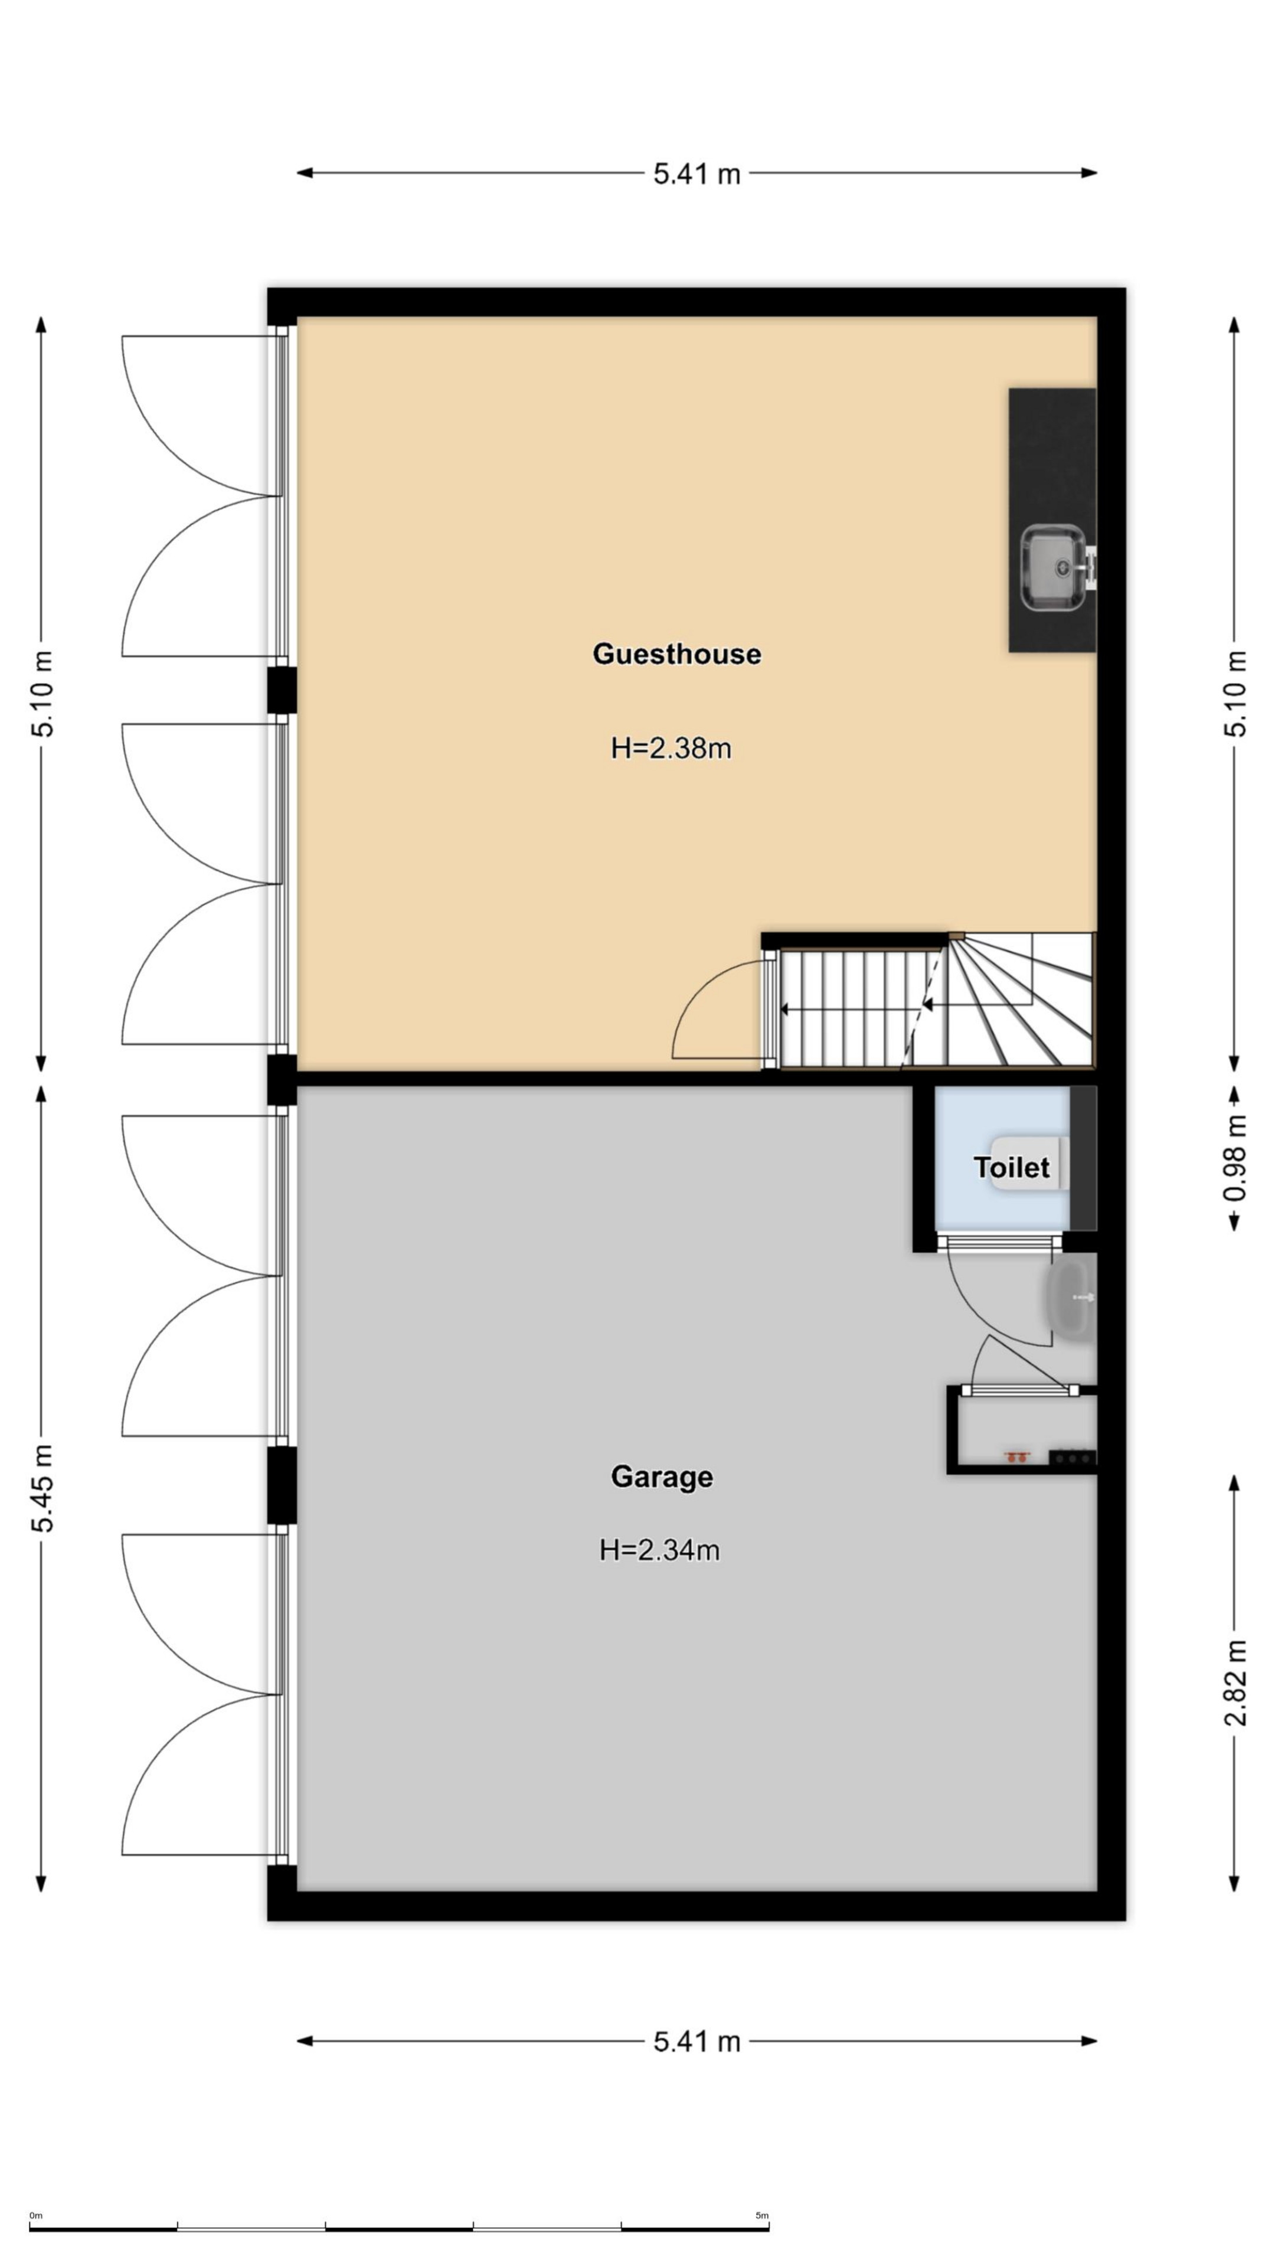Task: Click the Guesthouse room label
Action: click(x=676, y=654)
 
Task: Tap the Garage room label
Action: click(x=662, y=1477)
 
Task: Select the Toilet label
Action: click(x=1011, y=1167)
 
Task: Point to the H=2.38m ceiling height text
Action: click(x=671, y=748)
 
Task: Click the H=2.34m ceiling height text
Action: click(x=659, y=1549)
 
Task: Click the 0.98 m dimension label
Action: click(x=1235, y=1158)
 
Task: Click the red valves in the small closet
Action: click(x=1016, y=1456)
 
